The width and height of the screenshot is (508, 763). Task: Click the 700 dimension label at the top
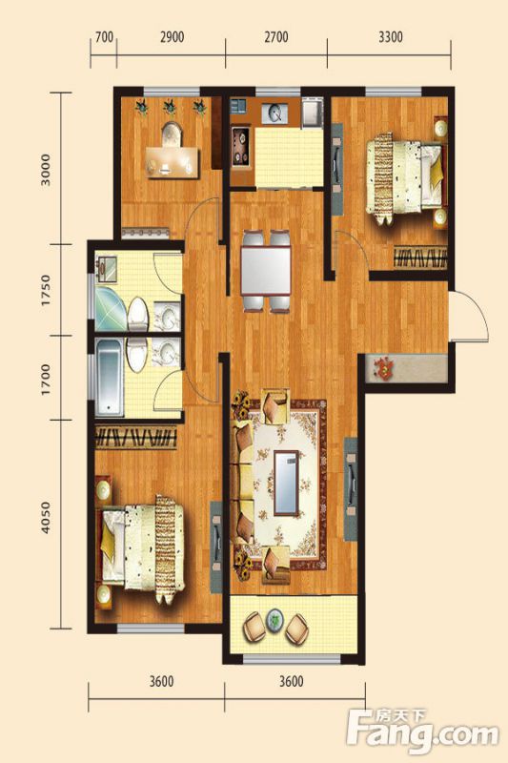click(x=104, y=37)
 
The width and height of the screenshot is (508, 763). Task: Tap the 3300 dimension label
click(x=391, y=37)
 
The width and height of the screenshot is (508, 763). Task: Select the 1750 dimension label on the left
click(x=46, y=291)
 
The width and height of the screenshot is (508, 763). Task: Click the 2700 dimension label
click(x=275, y=37)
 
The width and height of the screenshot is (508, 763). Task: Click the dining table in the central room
click(x=265, y=271)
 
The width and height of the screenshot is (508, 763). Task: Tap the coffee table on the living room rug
click(x=286, y=484)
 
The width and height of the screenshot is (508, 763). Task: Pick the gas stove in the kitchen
click(x=241, y=146)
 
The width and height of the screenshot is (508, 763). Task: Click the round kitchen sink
click(x=275, y=113)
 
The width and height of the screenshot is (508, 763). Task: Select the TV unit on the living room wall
click(x=351, y=488)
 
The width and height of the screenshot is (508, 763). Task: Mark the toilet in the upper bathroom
click(x=137, y=314)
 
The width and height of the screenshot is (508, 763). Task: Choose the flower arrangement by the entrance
click(x=385, y=368)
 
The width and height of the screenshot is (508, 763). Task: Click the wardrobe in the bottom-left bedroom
click(x=135, y=437)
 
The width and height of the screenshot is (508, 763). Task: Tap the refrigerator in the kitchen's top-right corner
click(x=312, y=113)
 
